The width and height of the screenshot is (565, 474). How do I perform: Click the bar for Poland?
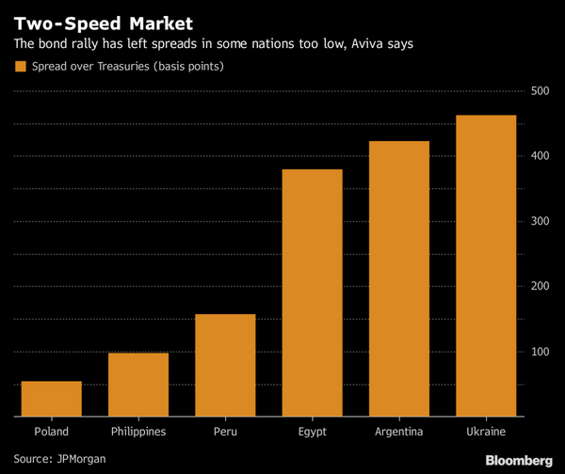click(x=51, y=398)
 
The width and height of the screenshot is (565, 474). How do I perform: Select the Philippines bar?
click(x=137, y=384)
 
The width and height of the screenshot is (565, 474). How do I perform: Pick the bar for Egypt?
click(x=312, y=292)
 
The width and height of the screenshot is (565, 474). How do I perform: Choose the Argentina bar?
click(x=398, y=277)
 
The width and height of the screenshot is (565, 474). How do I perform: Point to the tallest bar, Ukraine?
click(x=485, y=264)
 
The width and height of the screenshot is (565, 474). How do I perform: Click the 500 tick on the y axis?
click(x=541, y=91)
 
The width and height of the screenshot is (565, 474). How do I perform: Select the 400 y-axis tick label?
click(x=541, y=156)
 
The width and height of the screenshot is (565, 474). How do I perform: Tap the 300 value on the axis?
click(x=541, y=221)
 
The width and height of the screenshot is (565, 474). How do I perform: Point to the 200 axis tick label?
click(x=541, y=286)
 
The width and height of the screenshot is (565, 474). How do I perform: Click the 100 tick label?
click(x=541, y=352)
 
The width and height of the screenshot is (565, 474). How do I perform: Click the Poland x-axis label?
click(x=51, y=432)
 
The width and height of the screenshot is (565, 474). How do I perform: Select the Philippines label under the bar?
click(x=137, y=432)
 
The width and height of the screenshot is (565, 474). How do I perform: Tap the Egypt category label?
click(x=312, y=432)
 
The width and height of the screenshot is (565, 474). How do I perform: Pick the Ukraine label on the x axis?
click(x=485, y=432)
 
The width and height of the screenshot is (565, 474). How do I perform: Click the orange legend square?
click(x=20, y=67)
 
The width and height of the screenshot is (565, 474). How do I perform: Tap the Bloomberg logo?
click(x=518, y=460)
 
